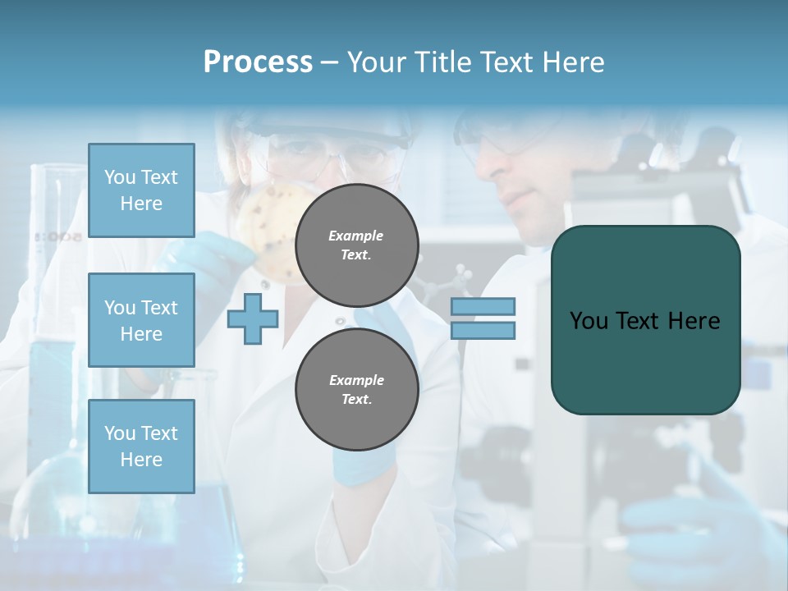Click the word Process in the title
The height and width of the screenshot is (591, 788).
pyautogui.click(x=258, y=62)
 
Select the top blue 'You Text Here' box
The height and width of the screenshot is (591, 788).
pyautogui.click(x=141, y=190)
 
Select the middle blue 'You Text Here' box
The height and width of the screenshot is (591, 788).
pyautogui.click(x=141, y=320)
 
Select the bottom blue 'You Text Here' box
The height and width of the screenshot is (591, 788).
pyautogui.click(x=141, y=446)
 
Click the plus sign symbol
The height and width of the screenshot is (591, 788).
pyautogui.click(x=253, y=319)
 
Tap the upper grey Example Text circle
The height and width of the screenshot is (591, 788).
pyautogui.click(x=356, y=245)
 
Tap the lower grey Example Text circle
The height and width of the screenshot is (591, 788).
pyautogui.click(x=356, y=389)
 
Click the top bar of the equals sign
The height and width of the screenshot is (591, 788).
pyautogui.click(x=483, y=307)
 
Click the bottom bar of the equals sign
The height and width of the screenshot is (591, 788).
pyautogui.click(x=483, y=331)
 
